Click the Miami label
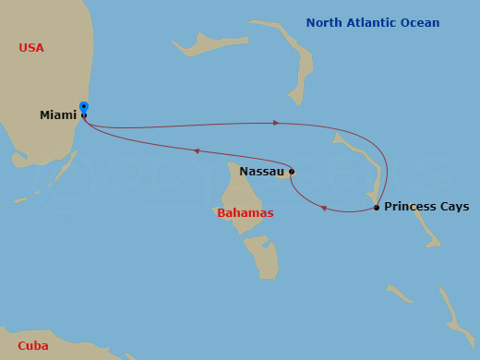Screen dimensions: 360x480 click(x=58, y=115)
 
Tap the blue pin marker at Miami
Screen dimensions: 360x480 click(x=84, y=107)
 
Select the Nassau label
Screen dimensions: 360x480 click(x=261, y=171)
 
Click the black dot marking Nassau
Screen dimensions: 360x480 click(x=292, y=171)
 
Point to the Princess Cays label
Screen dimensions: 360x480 click(x=426, y=207)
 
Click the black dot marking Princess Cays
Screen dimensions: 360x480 click(x=377, y=208)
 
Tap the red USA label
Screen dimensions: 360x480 click(x=30, y=48)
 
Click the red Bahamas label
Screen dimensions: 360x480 click(x=246, y=213)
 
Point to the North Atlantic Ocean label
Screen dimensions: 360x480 click(x=373, y=23)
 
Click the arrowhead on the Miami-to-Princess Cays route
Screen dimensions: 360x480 click(x=274, y=122)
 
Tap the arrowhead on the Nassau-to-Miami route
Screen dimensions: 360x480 click(x=196, y=150)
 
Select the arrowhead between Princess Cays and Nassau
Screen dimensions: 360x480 click(x=324, y=208)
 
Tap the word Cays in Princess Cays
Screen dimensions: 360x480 click(x=453, y=207)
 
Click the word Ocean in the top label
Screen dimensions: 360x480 click(x=421, y=23)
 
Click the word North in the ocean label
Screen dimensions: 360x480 click(x=323, y=23)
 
